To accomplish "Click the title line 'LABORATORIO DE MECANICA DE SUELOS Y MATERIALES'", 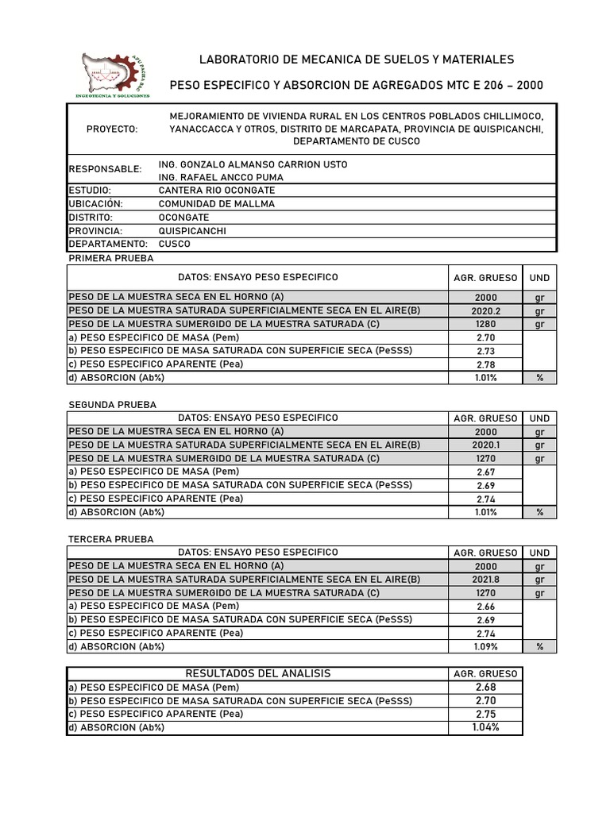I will tap(356, 60).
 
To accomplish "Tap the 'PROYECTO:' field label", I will tap(113, 129).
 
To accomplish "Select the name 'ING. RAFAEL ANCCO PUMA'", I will tap(221, 177).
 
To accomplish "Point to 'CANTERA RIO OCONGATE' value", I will tap(217, 191).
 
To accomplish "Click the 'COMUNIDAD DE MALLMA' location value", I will tap(217, 204).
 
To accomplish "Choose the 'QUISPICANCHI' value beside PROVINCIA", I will tap(192, 230).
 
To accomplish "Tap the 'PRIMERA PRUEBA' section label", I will tap(111, 259).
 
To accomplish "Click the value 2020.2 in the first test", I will tap(485, 311).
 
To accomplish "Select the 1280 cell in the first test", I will tap(485, 325).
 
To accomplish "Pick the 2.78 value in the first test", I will tap(485, 365).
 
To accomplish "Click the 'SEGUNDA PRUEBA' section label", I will tap(113, 405).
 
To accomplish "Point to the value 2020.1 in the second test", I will tap(485, 445).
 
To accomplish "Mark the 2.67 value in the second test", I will tap(485, 472).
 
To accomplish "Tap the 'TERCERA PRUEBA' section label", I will tap(111, 539).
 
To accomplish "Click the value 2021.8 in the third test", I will tap(485, 580).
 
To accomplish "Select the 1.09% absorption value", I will tap(485, 647).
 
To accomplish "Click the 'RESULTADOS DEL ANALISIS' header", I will tap(257, 673).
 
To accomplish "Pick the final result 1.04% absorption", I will tap(485, 727).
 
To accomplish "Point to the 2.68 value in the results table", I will tap(485, 687).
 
